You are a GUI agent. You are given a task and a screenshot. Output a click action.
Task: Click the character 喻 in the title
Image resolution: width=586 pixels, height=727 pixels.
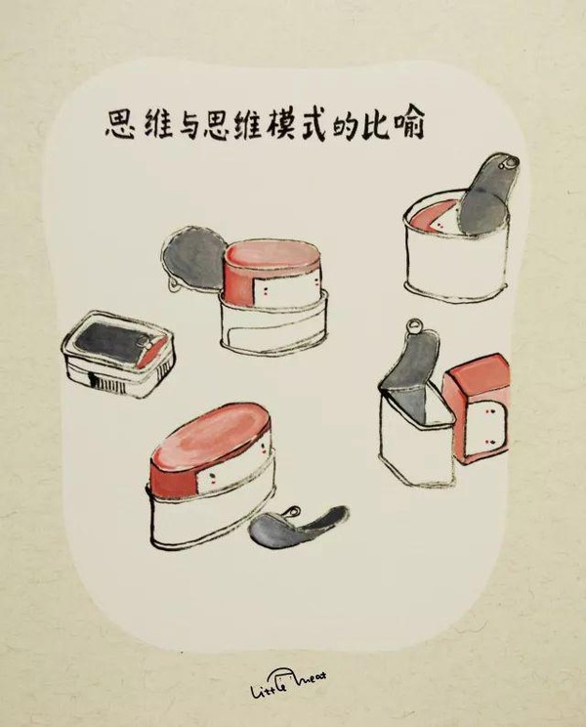tap(408, 125)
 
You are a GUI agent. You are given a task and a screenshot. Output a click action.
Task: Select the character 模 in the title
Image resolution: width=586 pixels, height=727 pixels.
tap(280, 124)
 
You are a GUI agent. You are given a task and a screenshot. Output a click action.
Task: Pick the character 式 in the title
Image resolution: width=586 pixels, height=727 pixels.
tap(313, 124)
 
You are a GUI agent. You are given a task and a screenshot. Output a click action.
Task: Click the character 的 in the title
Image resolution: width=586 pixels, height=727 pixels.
tap(345, 125)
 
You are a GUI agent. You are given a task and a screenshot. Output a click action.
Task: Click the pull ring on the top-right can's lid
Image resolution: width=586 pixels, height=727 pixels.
tap(511, 163)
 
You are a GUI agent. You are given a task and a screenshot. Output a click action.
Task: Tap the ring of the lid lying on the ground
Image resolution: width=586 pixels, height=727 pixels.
tap(291, 513)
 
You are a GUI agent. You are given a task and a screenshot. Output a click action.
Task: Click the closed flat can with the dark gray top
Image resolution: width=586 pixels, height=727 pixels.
tap(118, 355)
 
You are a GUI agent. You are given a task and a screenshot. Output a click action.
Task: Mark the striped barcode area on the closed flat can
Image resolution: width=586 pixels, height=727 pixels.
tap(103, 382)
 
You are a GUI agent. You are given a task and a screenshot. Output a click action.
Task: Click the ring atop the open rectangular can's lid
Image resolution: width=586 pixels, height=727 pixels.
tap(414, 327)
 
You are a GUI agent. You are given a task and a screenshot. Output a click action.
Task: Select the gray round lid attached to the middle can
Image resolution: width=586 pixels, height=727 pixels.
tap(194, 257)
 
